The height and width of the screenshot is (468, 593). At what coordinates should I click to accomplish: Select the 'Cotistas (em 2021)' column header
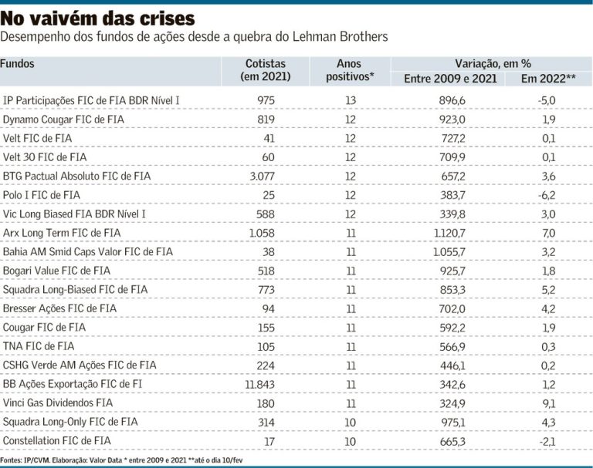(x=265, y=70)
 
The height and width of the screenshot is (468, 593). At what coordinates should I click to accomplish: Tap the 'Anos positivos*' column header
(x=350, y=70)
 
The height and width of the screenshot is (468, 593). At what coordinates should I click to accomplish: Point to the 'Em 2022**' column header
(x=549, y=79)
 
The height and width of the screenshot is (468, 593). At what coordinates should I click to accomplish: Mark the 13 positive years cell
(x=350, y=100)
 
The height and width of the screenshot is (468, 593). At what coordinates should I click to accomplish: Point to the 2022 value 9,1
(x=550, y=402)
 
